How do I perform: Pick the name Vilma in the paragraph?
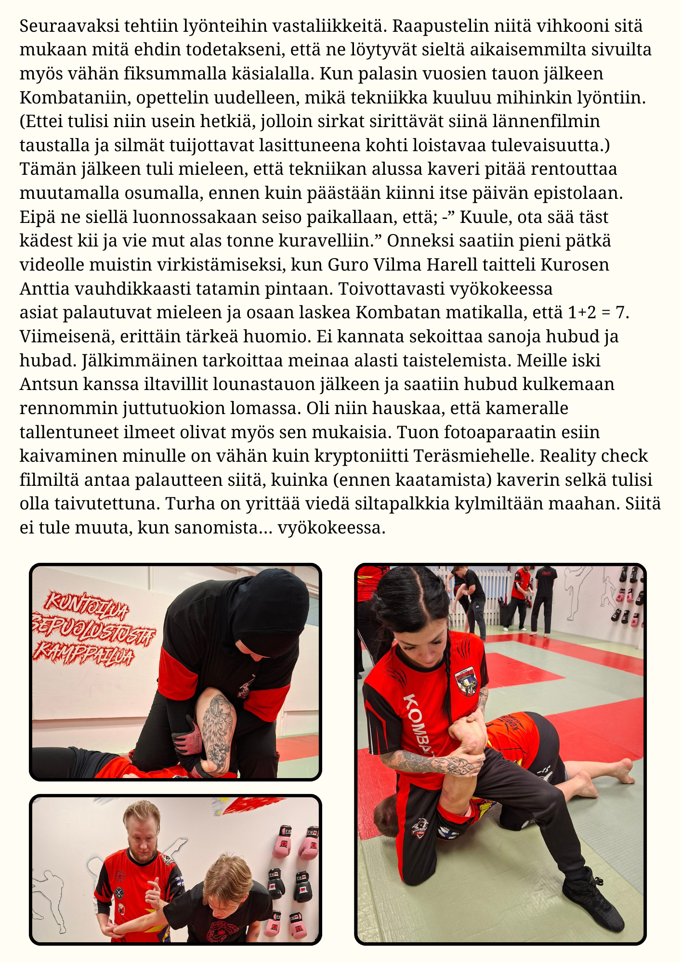click(x=389, y=265)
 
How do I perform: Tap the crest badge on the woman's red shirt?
click(x=466, y=679)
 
